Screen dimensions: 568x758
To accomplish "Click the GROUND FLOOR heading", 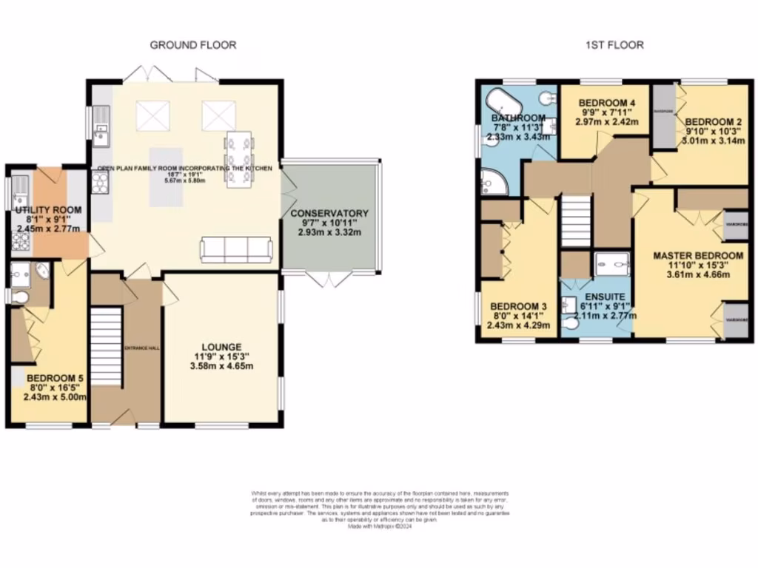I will click(x=193, y=45).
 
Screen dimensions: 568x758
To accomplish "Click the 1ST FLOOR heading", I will click(x=613, y=45).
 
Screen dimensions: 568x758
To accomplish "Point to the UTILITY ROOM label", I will click(x=48, y=211).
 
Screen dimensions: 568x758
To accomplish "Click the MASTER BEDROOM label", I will click(x=698, y=256).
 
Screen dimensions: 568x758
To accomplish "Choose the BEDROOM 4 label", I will click(x=603, y=103).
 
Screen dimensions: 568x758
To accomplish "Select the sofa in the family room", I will click(x=236, y=250).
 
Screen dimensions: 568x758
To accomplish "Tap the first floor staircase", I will click(x=576, y=220).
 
